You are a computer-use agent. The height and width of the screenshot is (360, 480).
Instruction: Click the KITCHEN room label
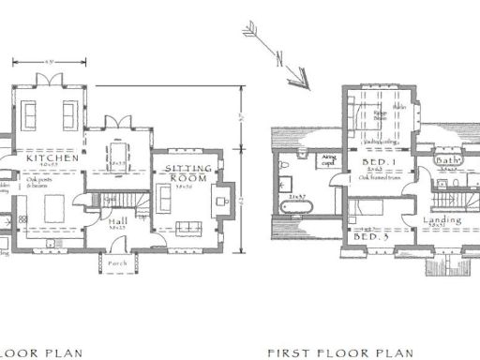pyautogui.click(x=52, y=158)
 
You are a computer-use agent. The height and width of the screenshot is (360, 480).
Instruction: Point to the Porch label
pyautogui.click(x=117, y=262)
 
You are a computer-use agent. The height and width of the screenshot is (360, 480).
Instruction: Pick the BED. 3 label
pyautogui.click(x=372, y=237)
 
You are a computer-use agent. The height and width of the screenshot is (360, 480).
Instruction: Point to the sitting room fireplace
pyautogui.click(x=221, y=200)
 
